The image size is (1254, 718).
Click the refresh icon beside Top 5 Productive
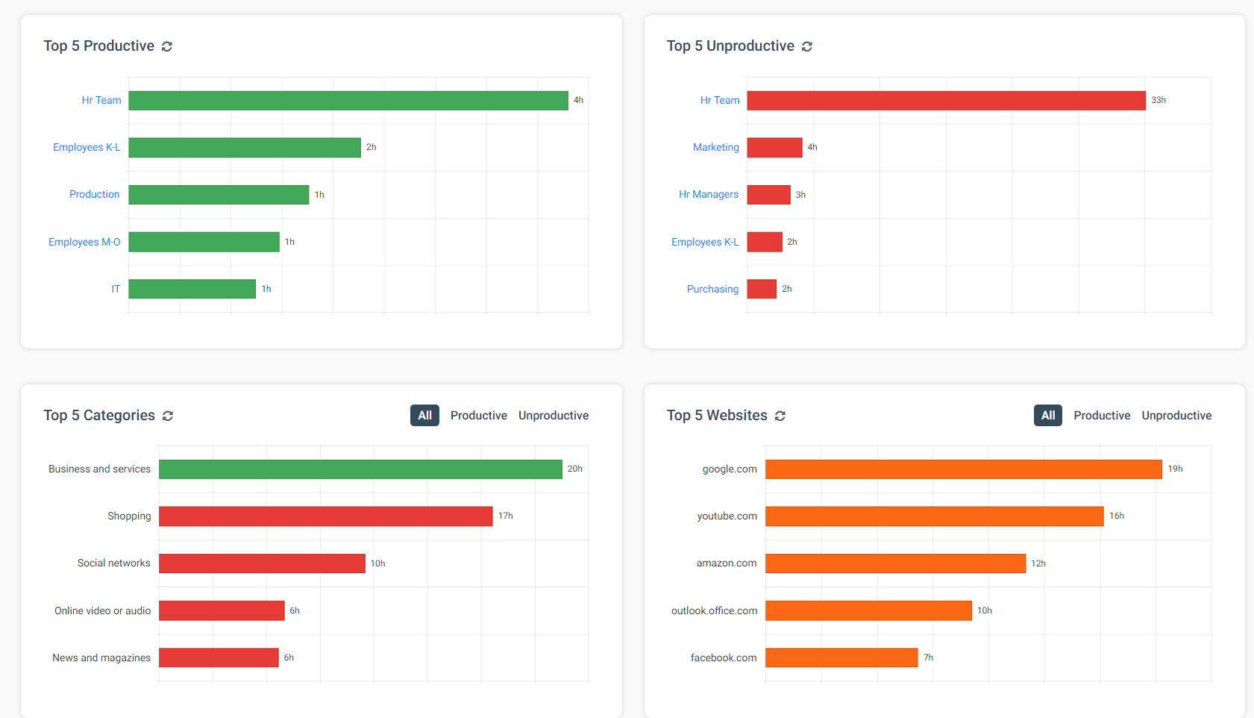coord(167,46)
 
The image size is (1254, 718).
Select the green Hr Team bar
coord(348,101)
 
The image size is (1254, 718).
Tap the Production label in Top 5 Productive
coord(94,195)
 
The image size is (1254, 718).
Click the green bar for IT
coord(192,289)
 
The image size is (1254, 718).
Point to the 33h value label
coord(1158,100)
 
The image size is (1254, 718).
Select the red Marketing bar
coord(774,148)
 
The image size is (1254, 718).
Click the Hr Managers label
coord(708,195)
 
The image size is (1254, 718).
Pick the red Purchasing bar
coord(762,289)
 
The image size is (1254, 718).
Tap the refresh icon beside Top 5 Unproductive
coord(806,46)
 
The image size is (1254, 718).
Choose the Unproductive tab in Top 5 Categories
coord(553,416)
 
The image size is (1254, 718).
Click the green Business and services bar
coord(360,469)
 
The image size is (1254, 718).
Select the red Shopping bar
coord(325,516)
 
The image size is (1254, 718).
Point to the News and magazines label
coord(101,658)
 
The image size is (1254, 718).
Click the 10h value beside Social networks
coord(377,564)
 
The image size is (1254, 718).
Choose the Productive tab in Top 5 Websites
coord(1101,416)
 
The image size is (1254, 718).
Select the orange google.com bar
coord(963,469)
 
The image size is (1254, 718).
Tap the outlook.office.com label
coord(714,611)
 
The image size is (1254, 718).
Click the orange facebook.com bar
coord(841,658)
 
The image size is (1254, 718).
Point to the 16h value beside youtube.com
coord(1116,516)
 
